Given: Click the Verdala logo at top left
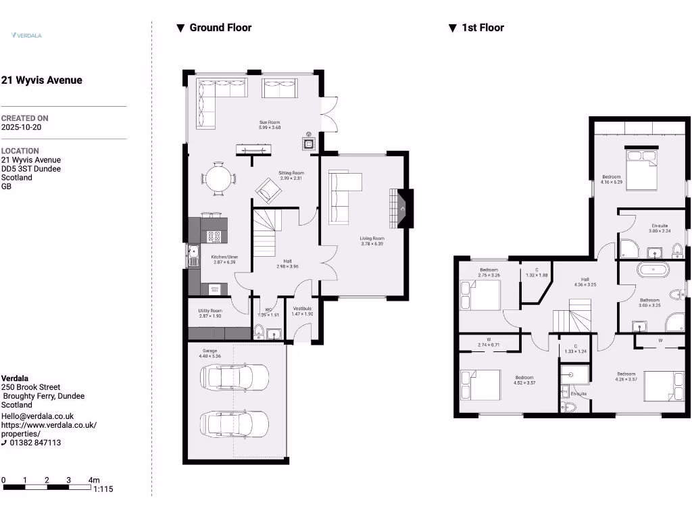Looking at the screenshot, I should point(26,35).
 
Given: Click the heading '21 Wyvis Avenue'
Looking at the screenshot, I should point(42,80).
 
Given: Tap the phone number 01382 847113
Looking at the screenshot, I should point(35,443).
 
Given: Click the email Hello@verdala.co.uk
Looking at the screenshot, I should point(37,416).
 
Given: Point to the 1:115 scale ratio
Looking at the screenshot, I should point(103,489).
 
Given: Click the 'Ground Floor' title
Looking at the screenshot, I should point(220,28).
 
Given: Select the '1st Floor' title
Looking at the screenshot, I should point(483,28).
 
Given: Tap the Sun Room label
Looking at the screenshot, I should point(270,123).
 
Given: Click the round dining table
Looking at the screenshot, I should point(218,180).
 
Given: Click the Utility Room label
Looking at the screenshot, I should point(210,311).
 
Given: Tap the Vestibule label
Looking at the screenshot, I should point(301,309).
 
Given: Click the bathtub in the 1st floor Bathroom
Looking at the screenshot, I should point(654,270).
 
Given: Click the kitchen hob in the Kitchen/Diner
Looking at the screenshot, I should point(214,236).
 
